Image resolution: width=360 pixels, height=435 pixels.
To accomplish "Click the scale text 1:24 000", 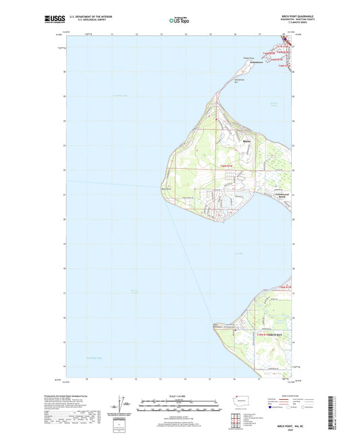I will tap(179, 395).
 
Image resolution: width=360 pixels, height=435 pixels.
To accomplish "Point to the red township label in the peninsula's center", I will tap(226, 165).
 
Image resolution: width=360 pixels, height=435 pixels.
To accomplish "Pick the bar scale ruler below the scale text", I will tap(179, 407).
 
